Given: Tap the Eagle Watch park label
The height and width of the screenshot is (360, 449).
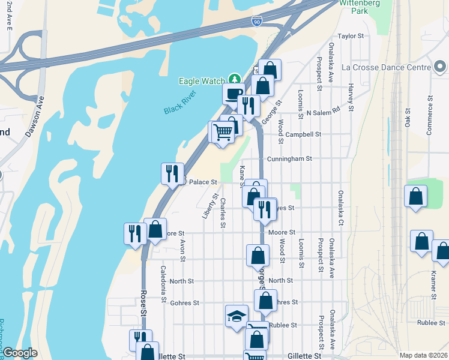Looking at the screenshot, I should (200, 81).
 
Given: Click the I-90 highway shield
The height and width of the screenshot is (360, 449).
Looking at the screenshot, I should (257, 22).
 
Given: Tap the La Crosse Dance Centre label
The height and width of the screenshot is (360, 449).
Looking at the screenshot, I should (387, 67).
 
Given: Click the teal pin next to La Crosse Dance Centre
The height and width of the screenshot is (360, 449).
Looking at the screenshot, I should (440, 67).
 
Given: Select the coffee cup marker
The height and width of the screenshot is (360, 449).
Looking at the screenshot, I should (233, 94).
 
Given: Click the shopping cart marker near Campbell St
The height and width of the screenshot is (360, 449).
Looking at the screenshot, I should (223, 131).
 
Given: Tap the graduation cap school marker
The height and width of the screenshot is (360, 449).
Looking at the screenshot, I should (237, 316).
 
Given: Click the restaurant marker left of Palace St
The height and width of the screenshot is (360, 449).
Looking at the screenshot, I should (172, 173).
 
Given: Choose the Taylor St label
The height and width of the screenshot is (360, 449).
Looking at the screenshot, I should (351, 36).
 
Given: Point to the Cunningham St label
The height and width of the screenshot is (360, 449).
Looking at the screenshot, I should (291, 159).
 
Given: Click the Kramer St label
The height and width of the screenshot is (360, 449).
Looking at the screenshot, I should (433, 284).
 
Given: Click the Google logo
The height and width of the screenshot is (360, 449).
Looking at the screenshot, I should (20, 353).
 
